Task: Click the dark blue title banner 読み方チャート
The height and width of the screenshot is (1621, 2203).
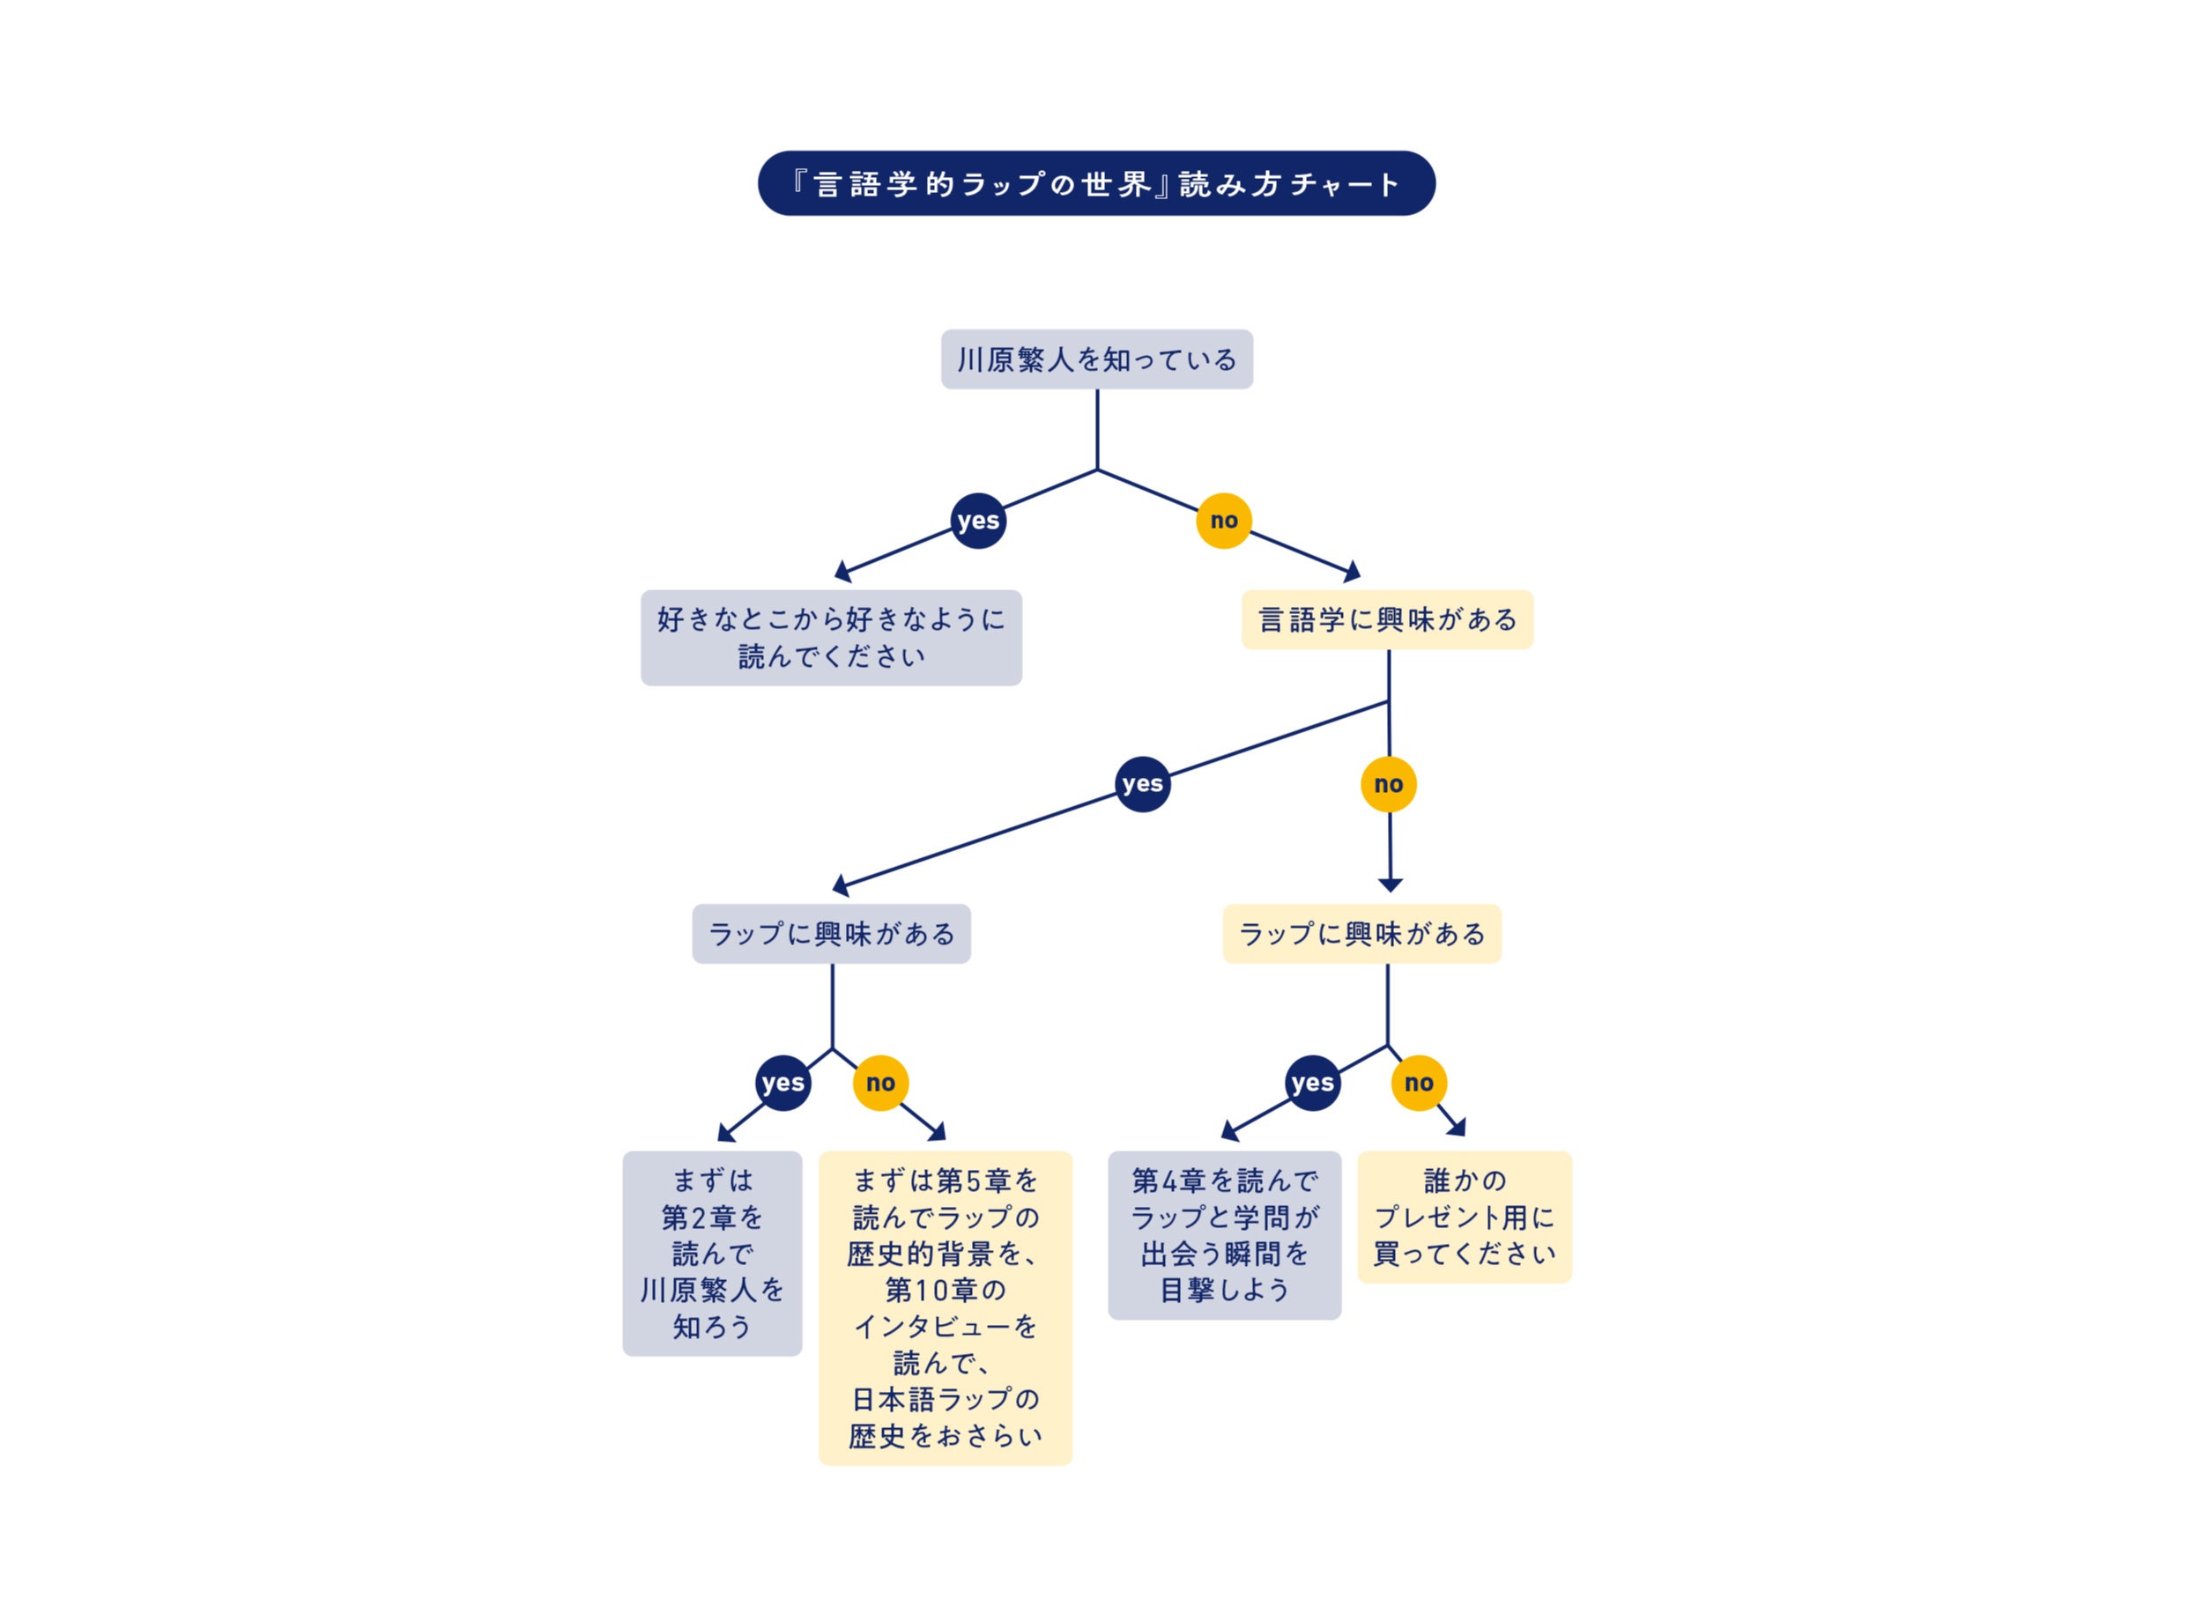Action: [x=1096, y=183]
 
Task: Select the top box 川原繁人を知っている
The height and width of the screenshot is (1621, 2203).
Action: [x=1096, y=359]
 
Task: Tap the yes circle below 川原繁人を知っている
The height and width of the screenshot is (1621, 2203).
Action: [x=977, y=520]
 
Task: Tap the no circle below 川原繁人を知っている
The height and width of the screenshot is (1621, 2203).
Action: [x=1223, y=520]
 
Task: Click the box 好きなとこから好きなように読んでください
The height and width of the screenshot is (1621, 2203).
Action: [x=830, y=637]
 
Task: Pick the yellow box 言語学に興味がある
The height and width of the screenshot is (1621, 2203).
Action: [x=1386, y=619]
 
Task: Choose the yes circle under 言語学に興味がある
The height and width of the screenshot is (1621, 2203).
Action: [x=1142, y=783]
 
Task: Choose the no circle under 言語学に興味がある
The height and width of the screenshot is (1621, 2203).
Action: [x=1388, y=784]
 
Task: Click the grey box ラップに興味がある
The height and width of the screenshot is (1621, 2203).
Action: [x=831, y=933]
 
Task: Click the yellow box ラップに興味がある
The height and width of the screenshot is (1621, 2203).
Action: [x=1361, y=933]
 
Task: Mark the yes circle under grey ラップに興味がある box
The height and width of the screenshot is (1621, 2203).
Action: [x=783, y=1083]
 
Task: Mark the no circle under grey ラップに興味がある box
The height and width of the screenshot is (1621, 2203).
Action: [x=880, y=1083]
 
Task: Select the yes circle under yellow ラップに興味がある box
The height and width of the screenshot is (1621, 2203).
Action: [x=1312, y=1083]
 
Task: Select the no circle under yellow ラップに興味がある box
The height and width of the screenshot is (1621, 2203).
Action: [x=1418, y=1083]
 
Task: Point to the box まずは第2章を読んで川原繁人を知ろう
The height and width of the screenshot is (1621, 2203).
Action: [x=711, y=1253]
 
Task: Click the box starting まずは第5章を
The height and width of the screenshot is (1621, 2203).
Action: [x=944, y=1307]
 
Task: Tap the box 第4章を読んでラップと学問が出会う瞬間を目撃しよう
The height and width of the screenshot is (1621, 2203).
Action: [x=1224, y=1234]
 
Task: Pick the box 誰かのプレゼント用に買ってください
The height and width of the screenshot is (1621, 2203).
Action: [x=1463, y=1217]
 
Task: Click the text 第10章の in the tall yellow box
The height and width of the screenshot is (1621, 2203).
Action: [x=944, y=1290]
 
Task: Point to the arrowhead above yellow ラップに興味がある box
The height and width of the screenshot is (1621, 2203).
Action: [x=1390, y=885]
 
